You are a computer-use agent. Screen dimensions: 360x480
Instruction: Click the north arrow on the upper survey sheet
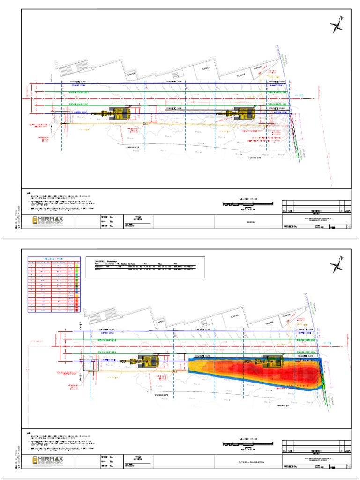point(337,25)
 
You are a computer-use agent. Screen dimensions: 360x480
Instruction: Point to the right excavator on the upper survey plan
point(242,113)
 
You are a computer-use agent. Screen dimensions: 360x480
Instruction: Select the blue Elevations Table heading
point(53,259)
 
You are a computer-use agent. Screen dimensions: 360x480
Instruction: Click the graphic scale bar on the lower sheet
point(247,443)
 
